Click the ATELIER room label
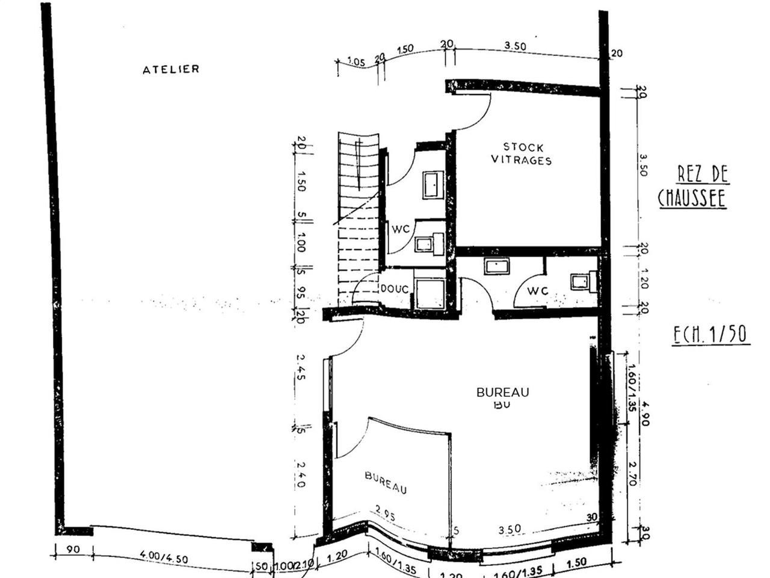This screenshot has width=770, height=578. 171,70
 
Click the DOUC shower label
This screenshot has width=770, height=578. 395,289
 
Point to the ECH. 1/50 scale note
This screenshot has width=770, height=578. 710,334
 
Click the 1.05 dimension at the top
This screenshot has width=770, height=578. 357,61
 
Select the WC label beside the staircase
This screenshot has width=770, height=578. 401,229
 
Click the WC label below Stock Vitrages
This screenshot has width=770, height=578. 538,291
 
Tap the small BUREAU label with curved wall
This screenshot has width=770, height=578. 386,482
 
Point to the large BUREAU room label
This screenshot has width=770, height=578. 502,392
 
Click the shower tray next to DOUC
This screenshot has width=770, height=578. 430,293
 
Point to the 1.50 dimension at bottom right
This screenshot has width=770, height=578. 576,562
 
